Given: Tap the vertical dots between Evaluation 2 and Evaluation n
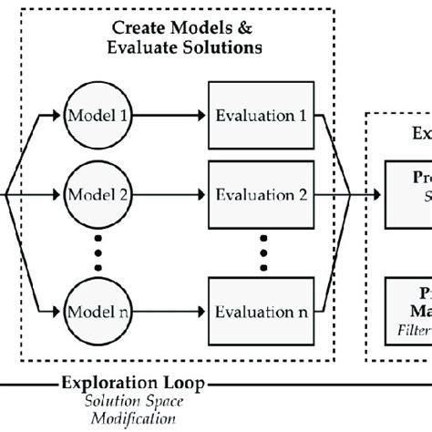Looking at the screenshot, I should click(x=262, y=252).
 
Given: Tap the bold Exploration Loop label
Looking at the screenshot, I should click(x=133, y=385).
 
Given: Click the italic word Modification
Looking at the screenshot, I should click(x=132, y=418).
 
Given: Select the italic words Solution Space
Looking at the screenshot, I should click(x=132, y=402).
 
